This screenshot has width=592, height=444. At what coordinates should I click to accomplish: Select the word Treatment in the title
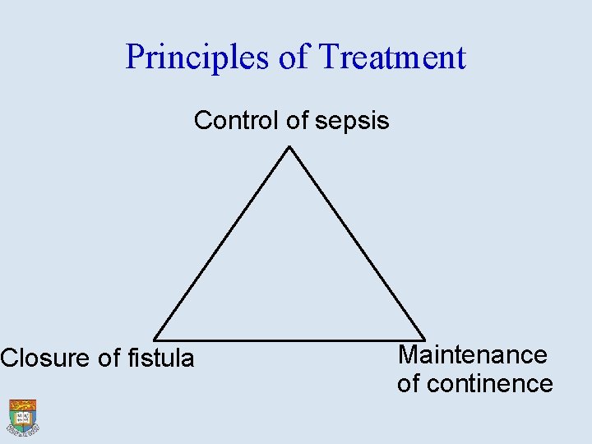[x=392, y=58]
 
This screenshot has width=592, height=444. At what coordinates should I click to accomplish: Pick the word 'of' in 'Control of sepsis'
[x=297, y=121]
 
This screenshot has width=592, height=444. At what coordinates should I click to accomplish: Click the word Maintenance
[x=472, y=354]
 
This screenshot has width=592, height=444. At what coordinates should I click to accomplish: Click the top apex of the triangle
[x=289, y=147]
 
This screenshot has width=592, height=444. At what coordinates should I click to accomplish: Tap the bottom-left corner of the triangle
[x=155, y=339]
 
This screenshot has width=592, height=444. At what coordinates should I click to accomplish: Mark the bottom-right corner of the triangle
[x=423, y=339]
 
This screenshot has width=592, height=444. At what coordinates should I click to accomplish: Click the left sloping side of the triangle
[x=222, y=243]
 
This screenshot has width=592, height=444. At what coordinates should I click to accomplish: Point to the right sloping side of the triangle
[x=356, y=243]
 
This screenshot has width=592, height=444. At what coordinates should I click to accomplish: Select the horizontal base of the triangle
[x=289, y=340]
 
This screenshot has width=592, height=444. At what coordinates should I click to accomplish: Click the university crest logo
[x=23, y=417]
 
